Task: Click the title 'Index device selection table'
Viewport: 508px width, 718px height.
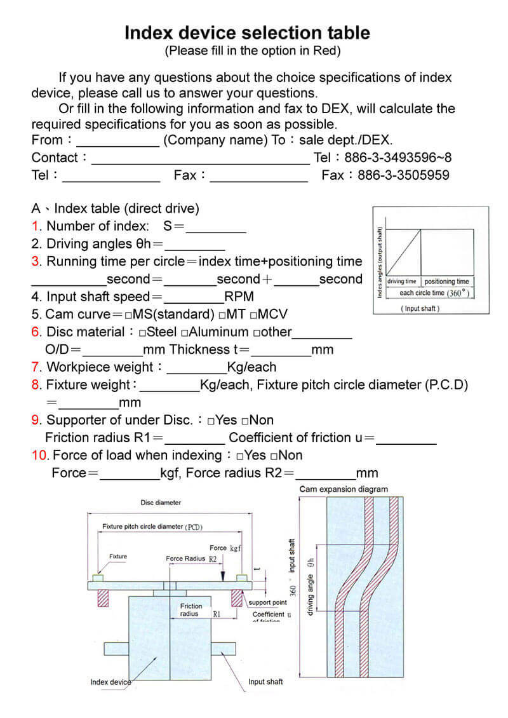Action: coord(247,32)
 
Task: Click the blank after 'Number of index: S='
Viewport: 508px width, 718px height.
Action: coord(215,227)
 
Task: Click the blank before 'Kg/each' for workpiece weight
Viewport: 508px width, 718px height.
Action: coord(196,368)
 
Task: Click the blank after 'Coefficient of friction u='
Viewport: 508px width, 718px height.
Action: coord(406,438)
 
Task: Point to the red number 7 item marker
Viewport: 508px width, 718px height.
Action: coord(36,367)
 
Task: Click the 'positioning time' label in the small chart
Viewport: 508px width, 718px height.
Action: coord(446,281)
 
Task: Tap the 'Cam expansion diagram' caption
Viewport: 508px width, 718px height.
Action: coord(344,489)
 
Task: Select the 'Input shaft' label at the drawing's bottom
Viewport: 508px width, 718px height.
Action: coord(265,682)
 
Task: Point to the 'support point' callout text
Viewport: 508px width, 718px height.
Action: coord(267,602)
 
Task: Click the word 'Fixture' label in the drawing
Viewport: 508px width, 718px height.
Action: coord(117,557)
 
